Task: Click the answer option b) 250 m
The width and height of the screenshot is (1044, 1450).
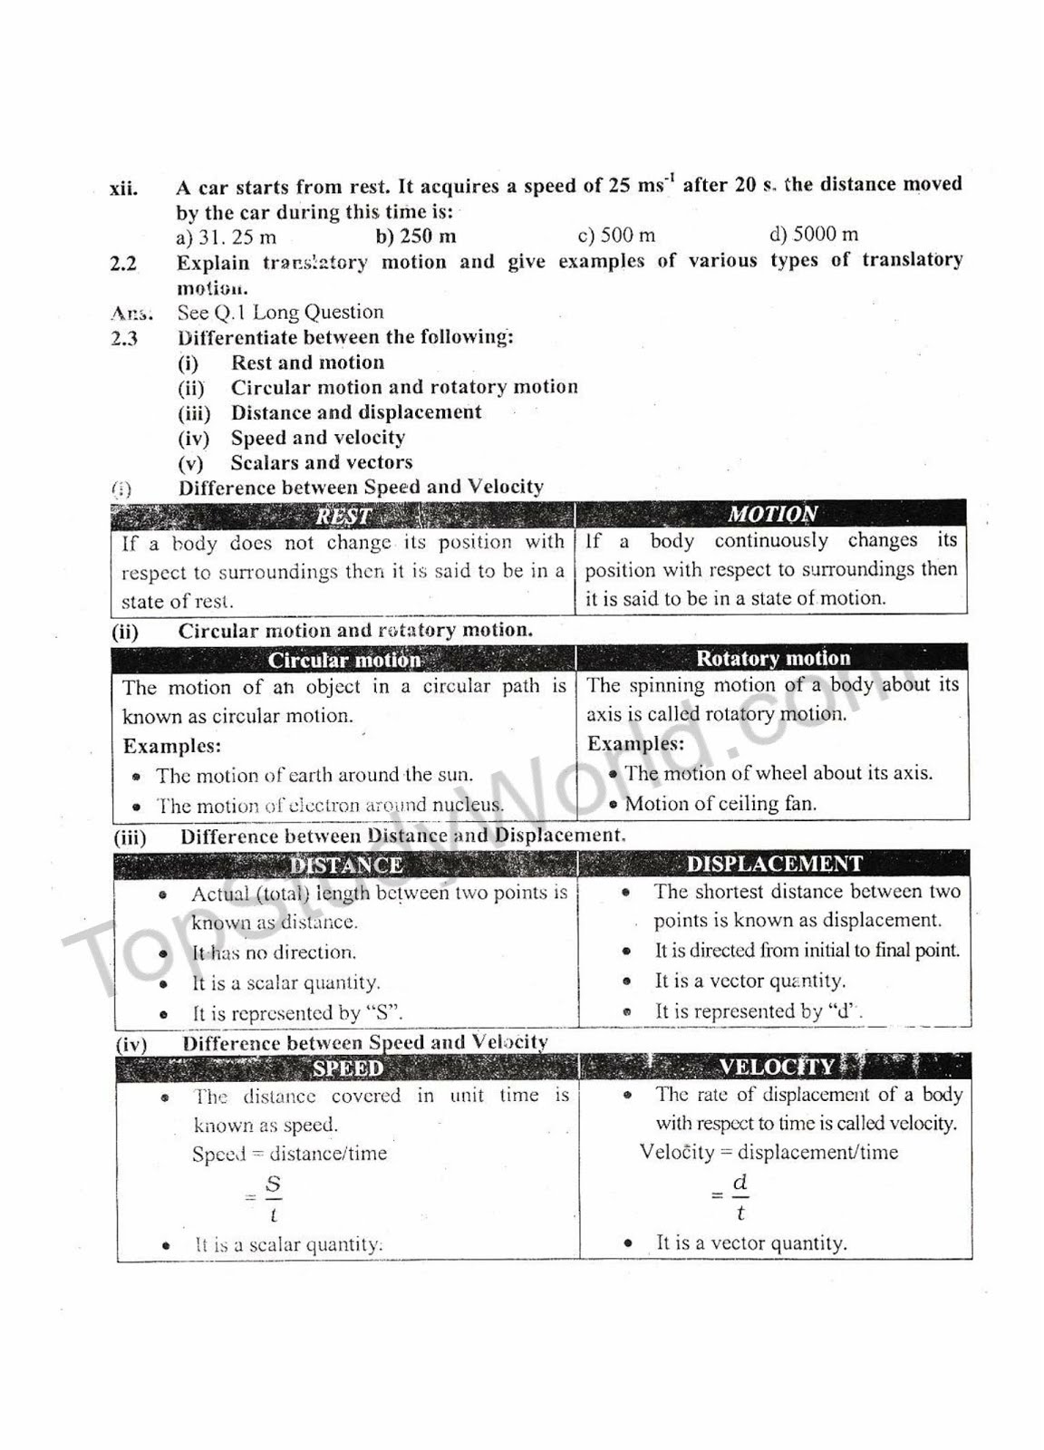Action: pos(416,237)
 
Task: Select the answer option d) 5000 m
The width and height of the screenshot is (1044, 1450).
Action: pos(813,234)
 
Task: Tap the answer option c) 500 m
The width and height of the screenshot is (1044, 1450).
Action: pos(616,235)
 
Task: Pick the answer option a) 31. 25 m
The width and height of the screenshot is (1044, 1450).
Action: pos(227,237)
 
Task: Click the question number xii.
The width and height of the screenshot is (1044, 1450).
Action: pos(124,188)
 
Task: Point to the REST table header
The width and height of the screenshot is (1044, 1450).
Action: pos(343,516)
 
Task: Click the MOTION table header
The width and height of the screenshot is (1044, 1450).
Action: pos(772,514)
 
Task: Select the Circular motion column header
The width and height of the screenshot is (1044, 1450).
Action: pos(344,660)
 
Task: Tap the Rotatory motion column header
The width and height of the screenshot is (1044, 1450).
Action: pos(773,658)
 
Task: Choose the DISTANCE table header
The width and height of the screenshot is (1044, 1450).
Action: pos(346,865)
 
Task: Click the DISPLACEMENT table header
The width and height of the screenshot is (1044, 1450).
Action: pos(775,864)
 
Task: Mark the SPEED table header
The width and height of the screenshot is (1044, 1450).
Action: pos(348,1068)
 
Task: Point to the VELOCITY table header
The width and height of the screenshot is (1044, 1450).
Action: pos(776,1067)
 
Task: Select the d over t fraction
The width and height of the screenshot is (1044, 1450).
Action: pos(739,1196)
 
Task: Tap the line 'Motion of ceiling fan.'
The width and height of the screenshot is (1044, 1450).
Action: pos(720,804)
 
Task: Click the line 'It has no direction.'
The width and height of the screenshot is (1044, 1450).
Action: pos(274,952)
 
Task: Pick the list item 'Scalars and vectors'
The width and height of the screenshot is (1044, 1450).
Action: pos(322,463)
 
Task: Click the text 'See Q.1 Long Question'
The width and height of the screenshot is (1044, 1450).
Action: pos(280,313)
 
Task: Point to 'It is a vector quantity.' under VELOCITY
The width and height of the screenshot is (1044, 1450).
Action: pos(751,1243)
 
